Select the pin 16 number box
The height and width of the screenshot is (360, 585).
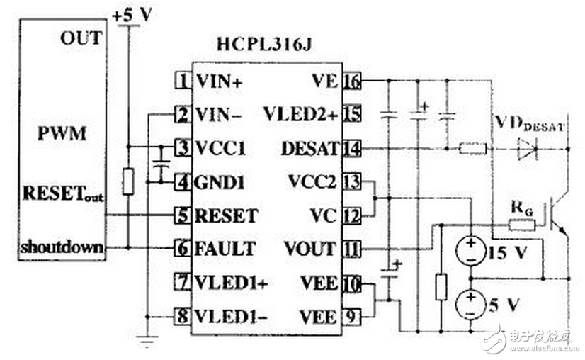(351, 81)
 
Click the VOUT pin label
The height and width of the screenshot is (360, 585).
(309, 249)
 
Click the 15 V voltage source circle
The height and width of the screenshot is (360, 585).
(469, 251)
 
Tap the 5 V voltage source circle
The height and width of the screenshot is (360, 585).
(469, 303)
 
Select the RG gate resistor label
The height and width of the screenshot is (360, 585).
(521, 209)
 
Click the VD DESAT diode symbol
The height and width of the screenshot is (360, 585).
(528, 149)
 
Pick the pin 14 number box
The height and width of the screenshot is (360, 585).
(351, 149)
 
